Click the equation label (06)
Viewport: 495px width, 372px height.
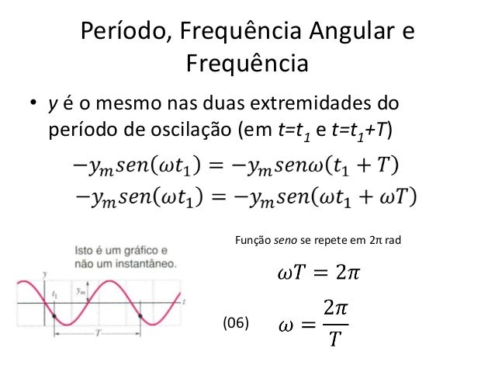tap(237, 322)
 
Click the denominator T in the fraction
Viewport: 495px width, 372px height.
tap(334, 339)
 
